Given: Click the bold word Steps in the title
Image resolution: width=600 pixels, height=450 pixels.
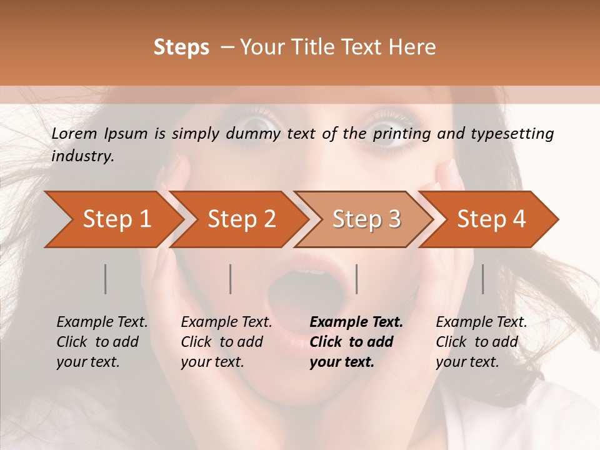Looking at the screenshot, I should (x=181, y=47).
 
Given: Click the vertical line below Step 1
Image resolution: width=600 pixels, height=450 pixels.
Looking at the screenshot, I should (x=106, y=279).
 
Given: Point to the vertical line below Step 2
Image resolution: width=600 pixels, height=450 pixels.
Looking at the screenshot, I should (x=231, y=279).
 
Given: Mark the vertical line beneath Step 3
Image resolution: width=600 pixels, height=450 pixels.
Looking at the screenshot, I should (x=357, y=279).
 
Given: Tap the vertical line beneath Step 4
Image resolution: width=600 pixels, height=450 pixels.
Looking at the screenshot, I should (x=483, y=279).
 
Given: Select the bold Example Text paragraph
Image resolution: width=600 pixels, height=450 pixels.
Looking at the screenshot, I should (x=356, y=342).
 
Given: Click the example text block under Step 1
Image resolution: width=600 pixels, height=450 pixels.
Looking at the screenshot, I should (x=102, y=342).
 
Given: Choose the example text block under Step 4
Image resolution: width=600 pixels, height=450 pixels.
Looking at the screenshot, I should (x=481, y=342).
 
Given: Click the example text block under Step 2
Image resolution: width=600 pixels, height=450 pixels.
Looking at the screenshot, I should (x=226, y=342).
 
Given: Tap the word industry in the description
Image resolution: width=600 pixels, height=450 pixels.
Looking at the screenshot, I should (x=82, y=156).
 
